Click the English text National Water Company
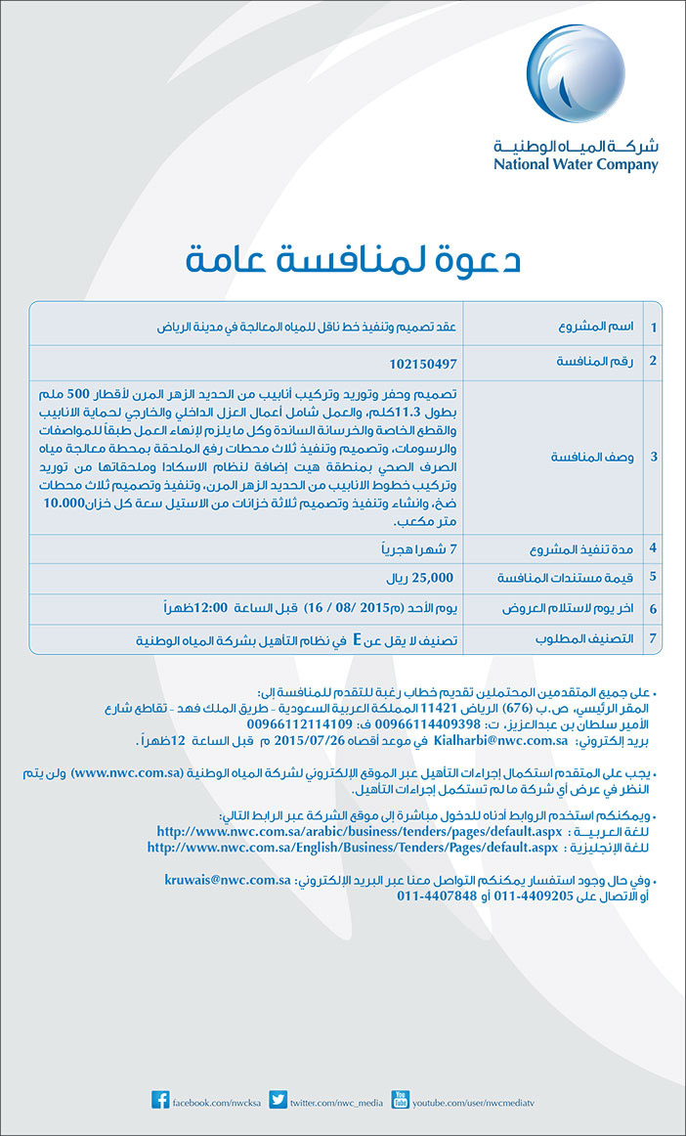click(x=576, y=164)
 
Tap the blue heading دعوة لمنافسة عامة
click(x=353, y=261)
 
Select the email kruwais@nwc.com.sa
click(x=227, y=881)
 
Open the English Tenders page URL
click(x=353, y=848)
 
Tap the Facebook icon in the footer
click(x=160, y=1102)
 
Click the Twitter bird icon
click(x=278, y=1102)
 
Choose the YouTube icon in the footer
click(x=399, y=1102)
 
